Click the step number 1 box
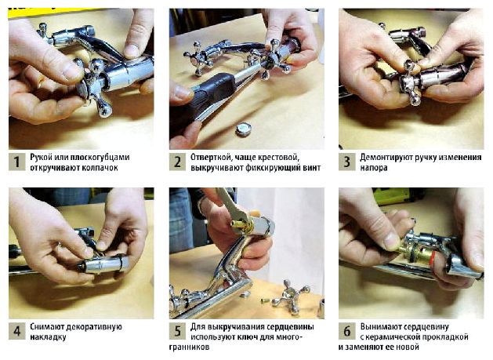(x=16, y=162)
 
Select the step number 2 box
(x=177, y=162)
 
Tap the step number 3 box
(x=346, y=162)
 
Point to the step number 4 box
(x=16, y=331)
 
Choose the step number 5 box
(x=177, y=331)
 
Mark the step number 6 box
(x=346, y=331)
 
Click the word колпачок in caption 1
(x=100, y=168)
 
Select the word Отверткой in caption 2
(x=211, y=158)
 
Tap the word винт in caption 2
(x=312, y=168)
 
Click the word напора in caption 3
(x=374, y=168)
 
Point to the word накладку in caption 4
(x=48, y=337)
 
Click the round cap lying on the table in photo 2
(x=244, y=129)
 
